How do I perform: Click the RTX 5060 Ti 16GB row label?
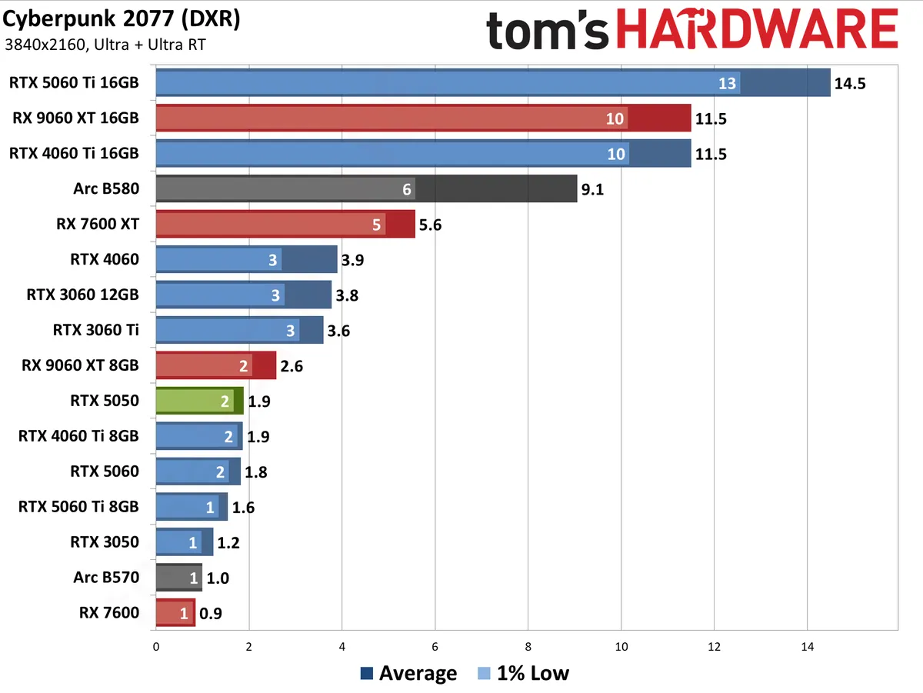pyautogui.click(x=74, y=82)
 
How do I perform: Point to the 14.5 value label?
pyautogui.click(x=850, y=83)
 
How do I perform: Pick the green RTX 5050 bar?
pyautogui.click(x=198, y=401)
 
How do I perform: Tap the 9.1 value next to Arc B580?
pyautogui.click(x=592, y=189)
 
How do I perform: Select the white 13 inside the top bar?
pyautogui.click(x=727, y=83)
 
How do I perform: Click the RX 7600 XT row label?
pyautogui.click(x=97, y=224)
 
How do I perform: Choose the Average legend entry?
pyautogui.click(x=408, y=674)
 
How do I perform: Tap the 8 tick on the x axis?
pyautogui.click(x=528, y=648)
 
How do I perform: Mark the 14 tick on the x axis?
pyautogui.click(x=807, y=648)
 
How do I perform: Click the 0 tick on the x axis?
pyautogui.click(x=156, y=648)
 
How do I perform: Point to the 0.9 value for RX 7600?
pyautogui.click(x=211, y=613)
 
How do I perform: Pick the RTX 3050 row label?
pyautogui.click(x=105, y=542)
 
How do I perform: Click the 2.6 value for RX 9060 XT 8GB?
pyautogui.click(x=292, y=366)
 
